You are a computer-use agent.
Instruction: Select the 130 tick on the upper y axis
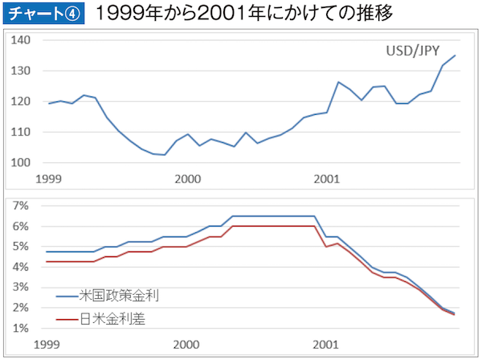click(x=22, y=71)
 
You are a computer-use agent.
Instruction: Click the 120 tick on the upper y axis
click(x=22, y=101)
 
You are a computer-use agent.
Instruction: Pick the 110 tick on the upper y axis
click(x=22, y=132)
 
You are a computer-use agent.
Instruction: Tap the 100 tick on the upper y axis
click(x=22, y=162)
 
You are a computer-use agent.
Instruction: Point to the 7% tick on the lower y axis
click(x=22, y=207)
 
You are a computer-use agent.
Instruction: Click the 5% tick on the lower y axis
click(x=22, y=247)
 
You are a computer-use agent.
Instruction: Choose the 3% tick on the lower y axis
click(x=22, y=288)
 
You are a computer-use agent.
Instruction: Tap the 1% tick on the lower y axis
click(x=22, y=328)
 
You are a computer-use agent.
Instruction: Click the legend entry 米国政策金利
click(x=119, y=296)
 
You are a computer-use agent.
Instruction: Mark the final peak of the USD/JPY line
click(x=455, y=55)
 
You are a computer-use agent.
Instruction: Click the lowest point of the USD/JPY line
click(x=164, y=154)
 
